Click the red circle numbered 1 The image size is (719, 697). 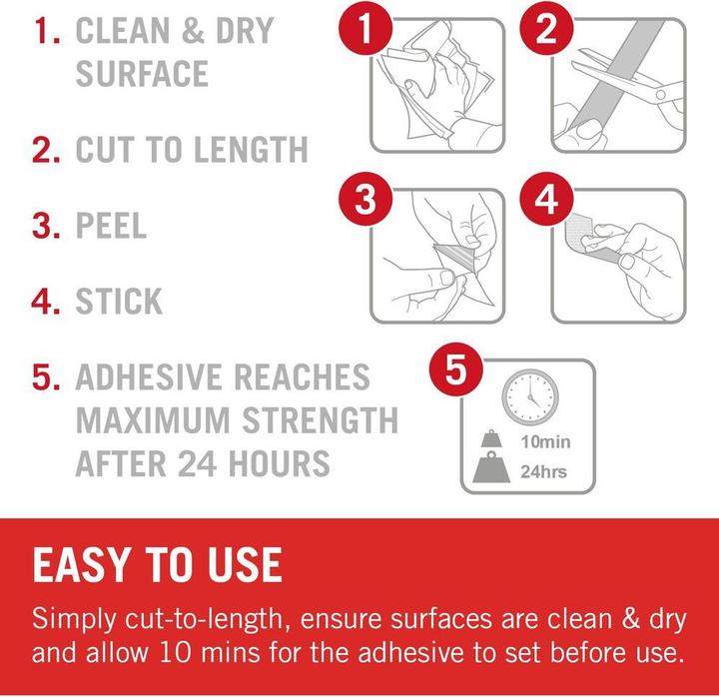coord(365,28)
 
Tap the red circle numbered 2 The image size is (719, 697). coord(546,28)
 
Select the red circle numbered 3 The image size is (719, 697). coord(365,199)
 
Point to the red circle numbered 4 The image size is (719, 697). coord(546,199)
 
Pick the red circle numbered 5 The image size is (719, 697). coord(455,369)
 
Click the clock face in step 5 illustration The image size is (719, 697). coord(530,397)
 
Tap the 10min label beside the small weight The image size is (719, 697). coord(545,442)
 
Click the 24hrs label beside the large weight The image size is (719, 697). coord(544,471)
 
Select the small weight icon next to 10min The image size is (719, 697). coord(491,438)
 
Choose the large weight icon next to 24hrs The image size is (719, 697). coord(491,467)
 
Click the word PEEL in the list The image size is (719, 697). coord(111,226)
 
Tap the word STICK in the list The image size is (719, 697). coord(119,302)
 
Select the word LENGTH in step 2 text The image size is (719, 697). coord(251,150)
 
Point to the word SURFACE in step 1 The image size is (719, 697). coord(142,73)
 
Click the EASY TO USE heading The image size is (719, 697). coord(158,565)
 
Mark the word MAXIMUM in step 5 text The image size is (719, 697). coord(153,420)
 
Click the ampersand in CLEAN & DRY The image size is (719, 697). coord(193,31)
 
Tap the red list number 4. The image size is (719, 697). coord(45,302)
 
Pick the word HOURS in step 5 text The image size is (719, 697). coord(280,463)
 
